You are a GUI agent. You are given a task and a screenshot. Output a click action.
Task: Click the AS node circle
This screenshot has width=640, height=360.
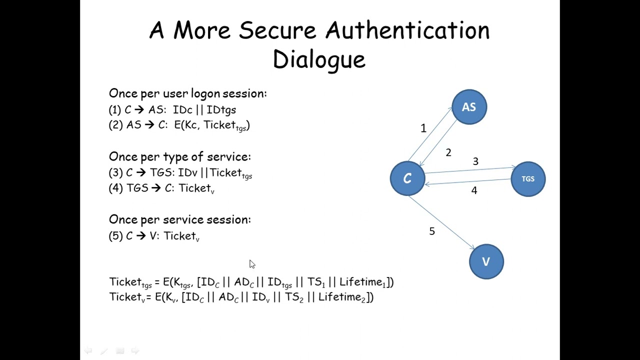click(469, 107)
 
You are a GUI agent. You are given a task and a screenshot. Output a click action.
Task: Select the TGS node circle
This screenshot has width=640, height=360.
click(528, 179)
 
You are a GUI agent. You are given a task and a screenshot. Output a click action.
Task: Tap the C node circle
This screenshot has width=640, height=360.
click(407, 178)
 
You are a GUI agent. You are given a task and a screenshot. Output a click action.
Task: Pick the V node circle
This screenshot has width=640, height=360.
click(486, 261)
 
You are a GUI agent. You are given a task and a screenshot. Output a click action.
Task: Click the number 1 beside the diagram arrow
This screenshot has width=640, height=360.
click(423, 128)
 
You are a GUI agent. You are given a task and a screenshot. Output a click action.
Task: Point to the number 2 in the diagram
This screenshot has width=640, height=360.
click(448, 152)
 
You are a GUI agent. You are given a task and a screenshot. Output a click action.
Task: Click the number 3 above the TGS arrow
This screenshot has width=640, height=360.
click(475, 161)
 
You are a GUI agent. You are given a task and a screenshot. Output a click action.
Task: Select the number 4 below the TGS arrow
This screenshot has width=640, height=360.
click(474, 190)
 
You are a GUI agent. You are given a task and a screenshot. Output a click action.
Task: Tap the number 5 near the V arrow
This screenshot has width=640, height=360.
click(432, 231)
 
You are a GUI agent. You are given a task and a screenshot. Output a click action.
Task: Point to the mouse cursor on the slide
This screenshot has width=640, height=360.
click(252, 264)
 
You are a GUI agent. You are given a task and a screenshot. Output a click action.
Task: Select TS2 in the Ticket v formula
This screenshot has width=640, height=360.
click(294, 297)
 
